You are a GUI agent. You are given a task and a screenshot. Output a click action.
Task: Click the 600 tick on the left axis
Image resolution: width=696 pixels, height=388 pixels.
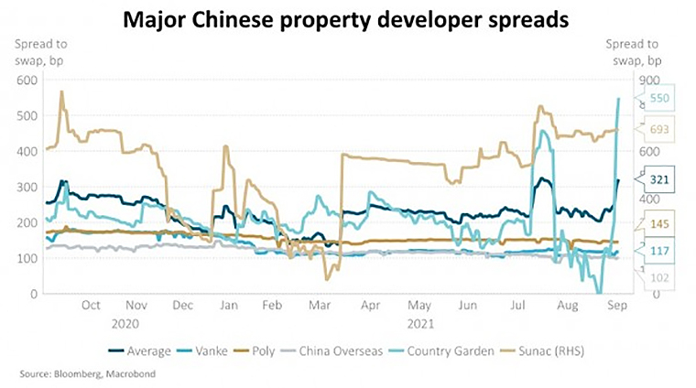coord(28,80)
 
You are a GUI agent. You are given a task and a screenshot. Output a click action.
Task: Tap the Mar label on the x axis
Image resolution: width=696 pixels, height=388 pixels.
coord(319,307)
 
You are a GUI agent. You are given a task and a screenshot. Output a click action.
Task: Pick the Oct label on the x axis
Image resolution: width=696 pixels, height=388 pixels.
coord(91,307)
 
